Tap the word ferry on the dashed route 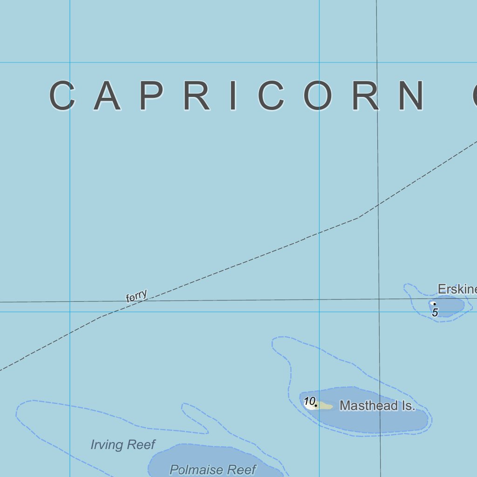pyautogui.click(x=137, y=296)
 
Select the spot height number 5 pyautogui.click(x=435, y=313)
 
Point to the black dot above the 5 pyautogui.click(x=435, y=304)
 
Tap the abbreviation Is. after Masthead pyautogui.click(x=403, y=406)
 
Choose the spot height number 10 pyautogui.click(x=309, y=401)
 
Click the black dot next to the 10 pyautogui.click(x=316, y=406)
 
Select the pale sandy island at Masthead pyautogui.click(x=325, y=407)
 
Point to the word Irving pyautogui.click(x=107, y=445)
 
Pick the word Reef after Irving pyautogui.click(x=139, y=445)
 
